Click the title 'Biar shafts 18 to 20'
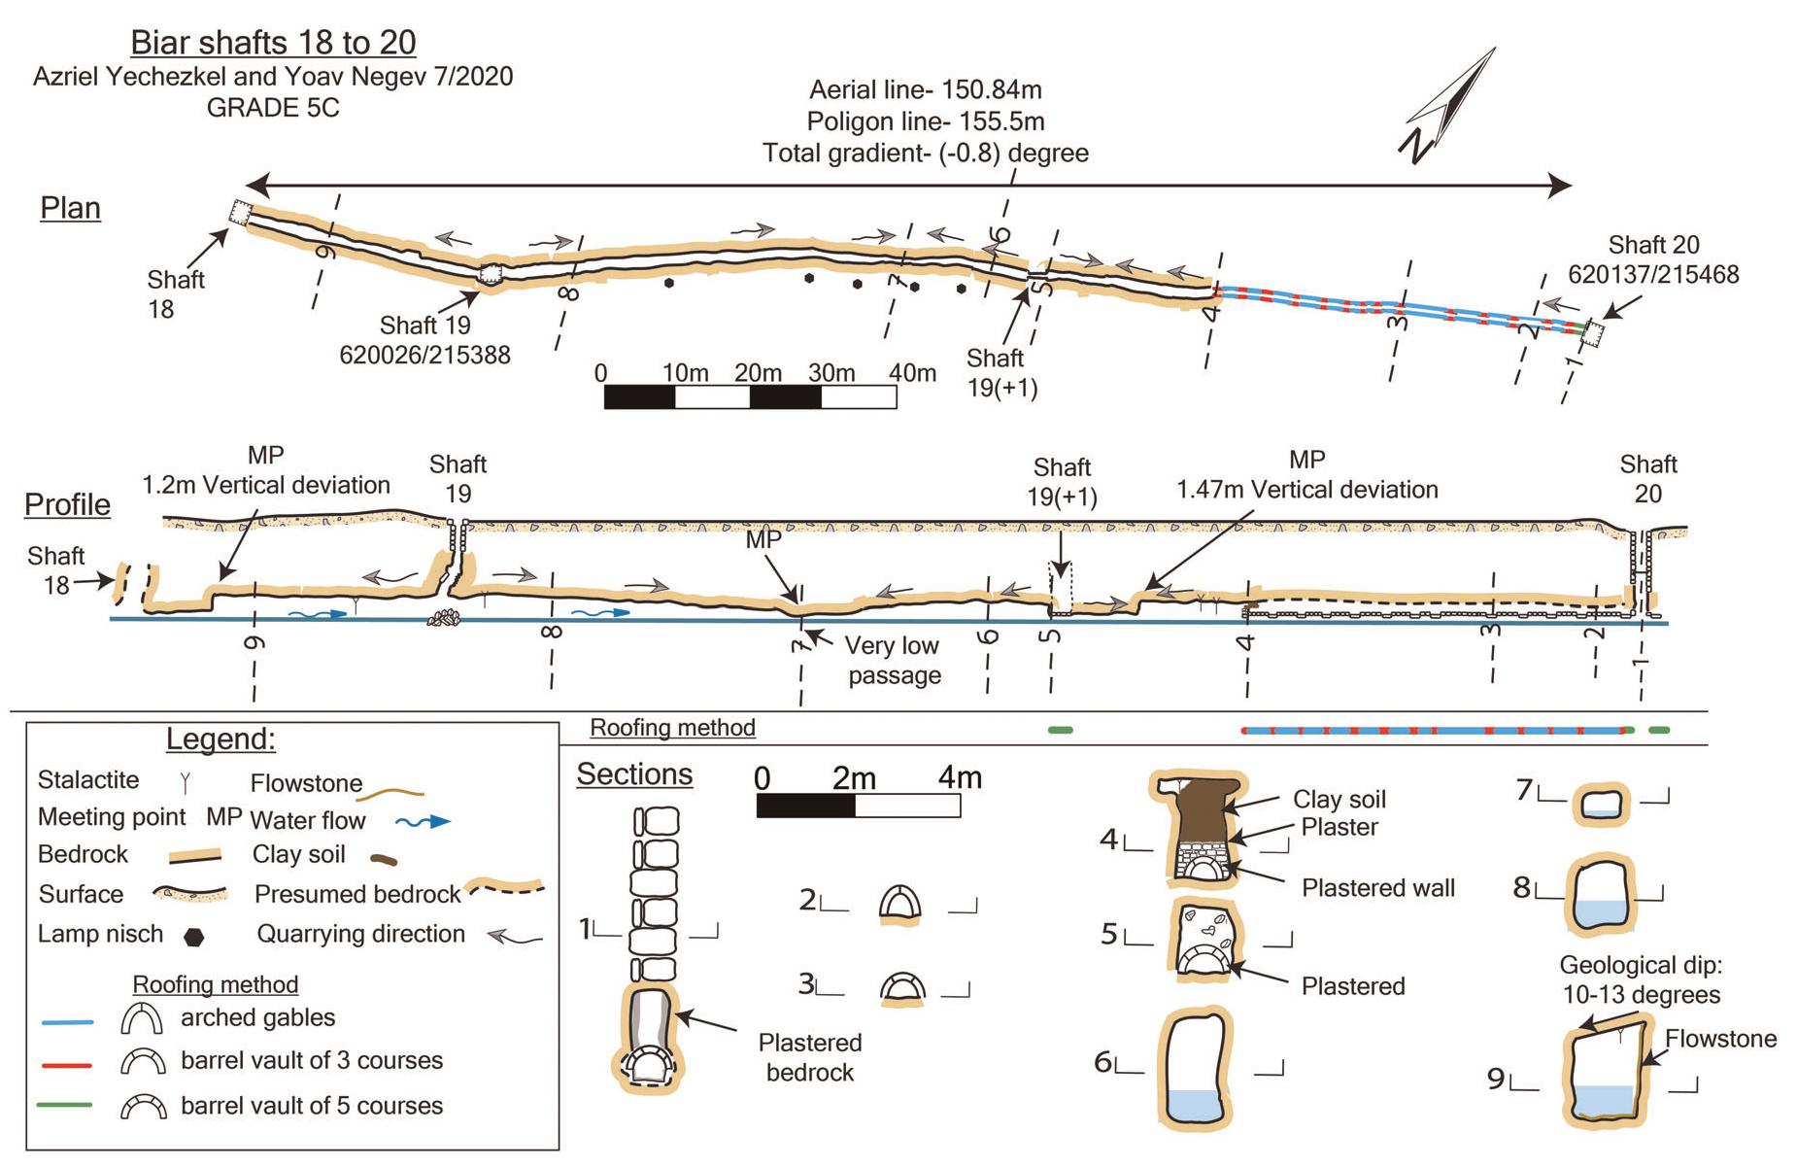tap(273, 43)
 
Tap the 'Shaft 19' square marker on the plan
tap(492, 274)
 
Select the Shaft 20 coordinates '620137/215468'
tap(1653, 275)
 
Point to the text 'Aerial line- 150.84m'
tap(925, 90)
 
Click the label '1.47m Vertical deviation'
tap(1306, 490)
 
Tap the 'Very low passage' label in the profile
tap(893, 660)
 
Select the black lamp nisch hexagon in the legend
tap(194, 937)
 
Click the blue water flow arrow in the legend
tap(424, 822)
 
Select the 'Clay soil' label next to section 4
tap(1339, 800)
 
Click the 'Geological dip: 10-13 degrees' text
tap(1641, 980)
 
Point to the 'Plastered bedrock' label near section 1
tap(809, 1057)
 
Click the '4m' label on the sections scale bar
tap(959, 778)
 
